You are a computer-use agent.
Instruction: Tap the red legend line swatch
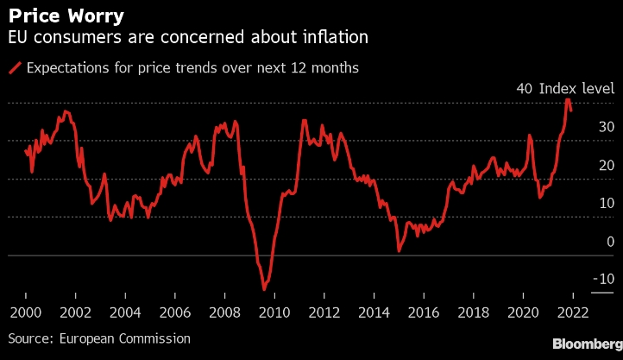point(15,67)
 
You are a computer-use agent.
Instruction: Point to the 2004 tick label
point(125,313)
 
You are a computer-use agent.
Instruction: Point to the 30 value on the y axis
point(607,127)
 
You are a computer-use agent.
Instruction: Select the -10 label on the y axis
point(603,279)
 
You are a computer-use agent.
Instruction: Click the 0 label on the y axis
point(610,241)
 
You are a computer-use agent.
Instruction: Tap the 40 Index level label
point(564,89)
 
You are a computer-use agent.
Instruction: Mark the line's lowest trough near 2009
point(264,289)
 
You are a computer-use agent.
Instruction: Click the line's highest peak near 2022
point(568,99)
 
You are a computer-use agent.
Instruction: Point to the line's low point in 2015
point(399,251)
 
